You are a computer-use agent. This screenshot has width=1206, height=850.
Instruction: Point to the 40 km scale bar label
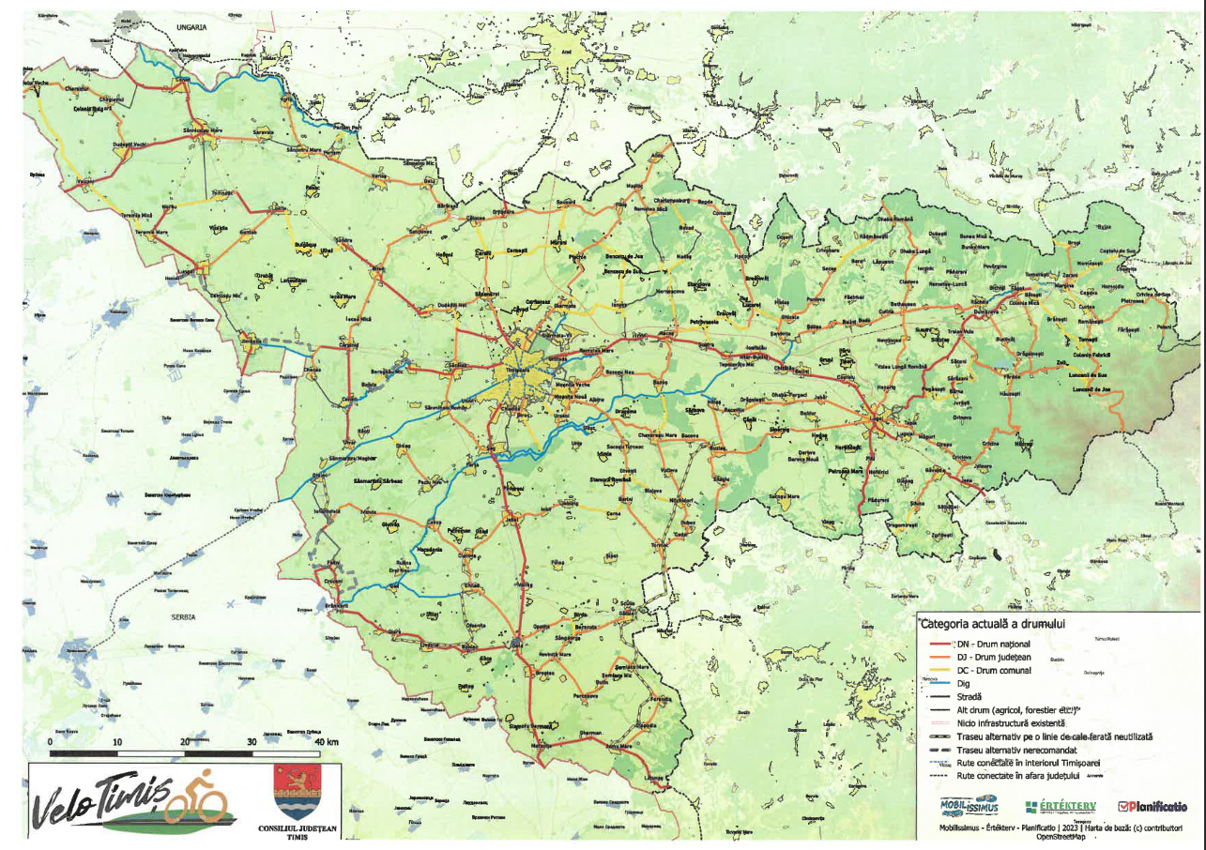click(x=326, y=741)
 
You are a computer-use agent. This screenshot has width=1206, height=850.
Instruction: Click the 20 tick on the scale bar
click(x=184, y=741)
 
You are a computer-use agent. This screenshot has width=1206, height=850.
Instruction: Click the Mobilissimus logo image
click(x=969, y=805)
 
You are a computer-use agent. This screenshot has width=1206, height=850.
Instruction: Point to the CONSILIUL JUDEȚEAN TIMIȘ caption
click(x=296, y=833)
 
